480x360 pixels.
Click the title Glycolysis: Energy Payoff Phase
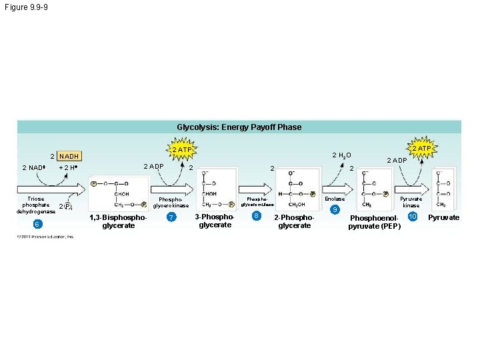(x=239, y=127)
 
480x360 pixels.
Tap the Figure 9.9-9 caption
(x=25, y=7)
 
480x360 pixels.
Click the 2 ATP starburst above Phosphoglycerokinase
(x=179, y=149)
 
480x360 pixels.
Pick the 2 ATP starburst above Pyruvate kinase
(x=421, y=147)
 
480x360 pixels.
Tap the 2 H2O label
(x=341, y=155)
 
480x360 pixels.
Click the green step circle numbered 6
(x=38, y=223)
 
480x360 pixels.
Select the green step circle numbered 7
(x=171, y=218)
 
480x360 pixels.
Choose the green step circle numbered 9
(x=335, y=210)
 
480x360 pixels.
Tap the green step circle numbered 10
(x=413, y=217)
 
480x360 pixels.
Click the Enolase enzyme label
(x=335, y=199)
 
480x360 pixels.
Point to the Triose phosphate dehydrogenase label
(x=37, y=205)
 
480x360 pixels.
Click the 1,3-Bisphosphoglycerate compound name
(x=117, y=221)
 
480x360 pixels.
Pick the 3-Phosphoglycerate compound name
(x=215, y=221)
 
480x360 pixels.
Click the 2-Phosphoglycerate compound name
(x=294, y=221)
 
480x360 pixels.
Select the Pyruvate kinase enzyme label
(x=411, y=202)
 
